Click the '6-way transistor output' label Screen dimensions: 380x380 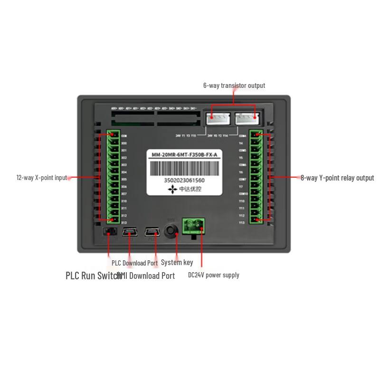point(234,85)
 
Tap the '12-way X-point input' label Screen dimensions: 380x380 point(42,178)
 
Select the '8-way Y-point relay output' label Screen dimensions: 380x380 point(337,178)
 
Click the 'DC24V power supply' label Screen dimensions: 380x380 point(214,275)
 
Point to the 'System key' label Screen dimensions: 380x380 point(177,262)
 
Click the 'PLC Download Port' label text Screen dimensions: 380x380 point(134,263)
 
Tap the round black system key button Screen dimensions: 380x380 point(171,231)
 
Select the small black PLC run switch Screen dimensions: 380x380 point(109,232)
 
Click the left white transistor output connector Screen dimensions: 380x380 point(218,118)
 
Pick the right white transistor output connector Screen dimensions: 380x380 point(247,118)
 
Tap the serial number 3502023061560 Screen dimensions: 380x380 point(184,181)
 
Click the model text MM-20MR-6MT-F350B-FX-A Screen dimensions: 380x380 point(184,155)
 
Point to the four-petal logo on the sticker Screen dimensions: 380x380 point(172,190)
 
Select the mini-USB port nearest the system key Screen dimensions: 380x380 point(152,232)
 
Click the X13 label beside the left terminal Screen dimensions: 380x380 point(124,223)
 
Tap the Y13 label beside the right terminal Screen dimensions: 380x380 point(241,222)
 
